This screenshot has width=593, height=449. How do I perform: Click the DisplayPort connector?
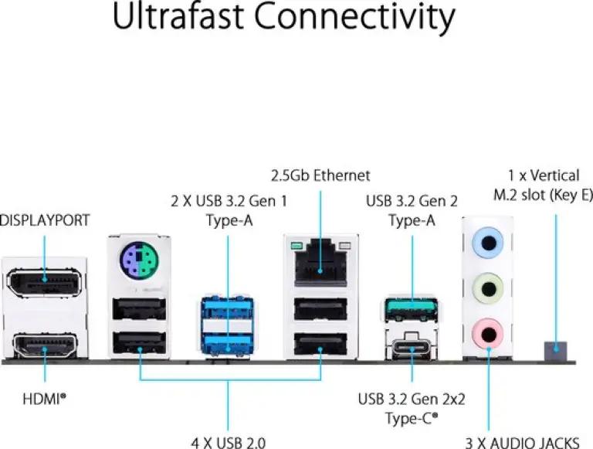click(44, 283)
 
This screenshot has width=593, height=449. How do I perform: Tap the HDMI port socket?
click(45, 345)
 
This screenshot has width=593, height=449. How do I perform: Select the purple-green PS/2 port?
click(139, 260)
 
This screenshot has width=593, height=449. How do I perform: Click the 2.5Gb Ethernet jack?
click(320, 263)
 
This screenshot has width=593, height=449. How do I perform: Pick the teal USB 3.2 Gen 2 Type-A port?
click(412, 309)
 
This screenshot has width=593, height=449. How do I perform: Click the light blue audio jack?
click(488, 243)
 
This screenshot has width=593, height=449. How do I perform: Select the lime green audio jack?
click(488, 289)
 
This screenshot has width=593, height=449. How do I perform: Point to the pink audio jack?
click(488, 334)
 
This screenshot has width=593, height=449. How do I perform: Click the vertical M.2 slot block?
click(555, 352)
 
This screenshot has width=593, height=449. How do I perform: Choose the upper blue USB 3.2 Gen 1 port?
click(227, 310)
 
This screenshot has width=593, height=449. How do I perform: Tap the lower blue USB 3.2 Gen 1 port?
click(227, 345)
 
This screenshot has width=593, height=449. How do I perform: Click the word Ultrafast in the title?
click(178, 15)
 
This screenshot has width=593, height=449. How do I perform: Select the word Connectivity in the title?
click(354, 19)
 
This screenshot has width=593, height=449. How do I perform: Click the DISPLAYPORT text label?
click(45, 220)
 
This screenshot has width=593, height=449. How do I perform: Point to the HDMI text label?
click(44, 399)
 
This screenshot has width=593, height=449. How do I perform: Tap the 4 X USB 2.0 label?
click(228, 443)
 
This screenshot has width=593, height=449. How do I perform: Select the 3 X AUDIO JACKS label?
click(522, 443)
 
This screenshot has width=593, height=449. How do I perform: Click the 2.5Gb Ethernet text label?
click(320, 175)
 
